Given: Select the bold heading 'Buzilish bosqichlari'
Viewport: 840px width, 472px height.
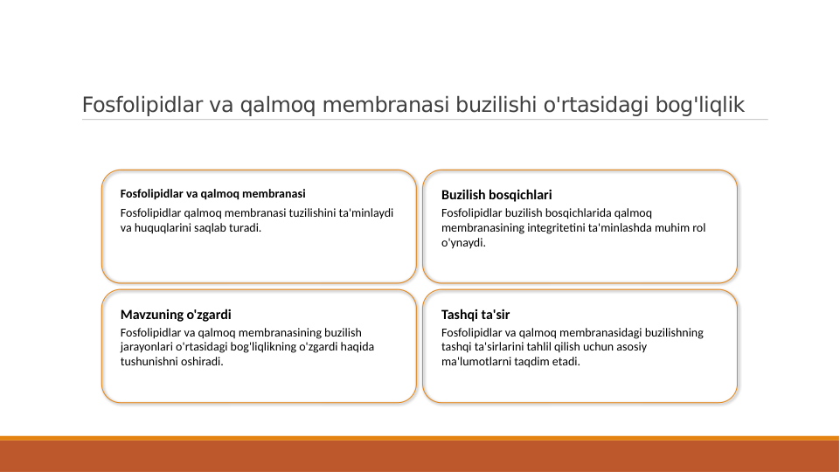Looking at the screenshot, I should coord(496,195).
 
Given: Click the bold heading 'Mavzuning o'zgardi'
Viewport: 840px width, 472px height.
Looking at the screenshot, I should coord(176,314).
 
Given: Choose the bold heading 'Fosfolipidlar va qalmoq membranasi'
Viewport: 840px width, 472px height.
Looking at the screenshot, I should coord(212,193).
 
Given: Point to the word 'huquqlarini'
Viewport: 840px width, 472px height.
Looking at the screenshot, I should coord(162,228).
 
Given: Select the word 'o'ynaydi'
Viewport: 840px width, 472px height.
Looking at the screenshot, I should coord(462,243).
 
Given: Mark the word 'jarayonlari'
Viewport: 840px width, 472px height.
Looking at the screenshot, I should coord(146,347).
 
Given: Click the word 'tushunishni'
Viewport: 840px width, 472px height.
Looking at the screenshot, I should coord(149,362).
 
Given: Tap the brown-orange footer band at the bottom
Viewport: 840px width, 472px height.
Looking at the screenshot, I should coord(420,455).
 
